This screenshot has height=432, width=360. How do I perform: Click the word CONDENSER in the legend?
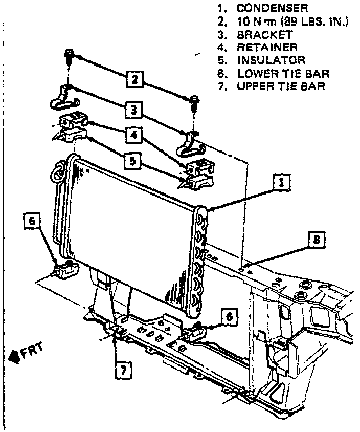click(272, 9)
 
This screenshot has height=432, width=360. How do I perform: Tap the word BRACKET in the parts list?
click(264, 35)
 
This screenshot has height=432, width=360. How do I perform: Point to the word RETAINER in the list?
click(267, 48)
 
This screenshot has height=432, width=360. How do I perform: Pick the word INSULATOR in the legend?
click(271, 60)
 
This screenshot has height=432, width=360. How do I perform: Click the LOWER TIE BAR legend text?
click(283, 73)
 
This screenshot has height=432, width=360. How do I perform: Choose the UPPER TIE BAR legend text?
click(281, 86)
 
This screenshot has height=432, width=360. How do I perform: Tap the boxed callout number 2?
click(134, 79)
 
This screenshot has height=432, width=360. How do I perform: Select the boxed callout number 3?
click(132, 109)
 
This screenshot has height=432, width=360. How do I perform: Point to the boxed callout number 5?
click(132, 162)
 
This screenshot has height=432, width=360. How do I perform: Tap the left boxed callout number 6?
click(32, 222)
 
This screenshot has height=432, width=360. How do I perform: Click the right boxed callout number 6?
click(229, 317)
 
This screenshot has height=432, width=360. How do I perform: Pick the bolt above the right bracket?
click(194, 102)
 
